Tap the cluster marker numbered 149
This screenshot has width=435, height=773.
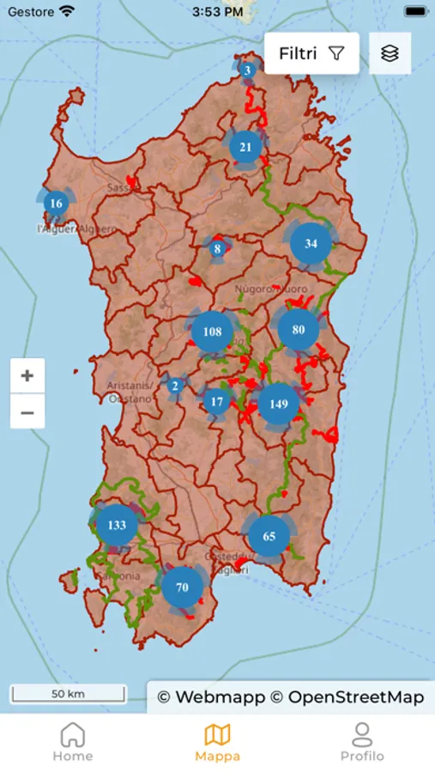(x=279, y=404)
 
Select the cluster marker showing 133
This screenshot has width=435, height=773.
(x=117, y=525)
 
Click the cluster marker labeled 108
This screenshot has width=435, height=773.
(x=213, y=332)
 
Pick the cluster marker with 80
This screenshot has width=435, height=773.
(x=299, y=329)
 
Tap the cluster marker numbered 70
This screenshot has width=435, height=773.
(x=182, y=587)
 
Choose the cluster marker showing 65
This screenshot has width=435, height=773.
(x=269, y=536)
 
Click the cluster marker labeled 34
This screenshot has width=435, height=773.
(x=311, y=244)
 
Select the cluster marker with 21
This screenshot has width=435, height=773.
(x=245, y=147)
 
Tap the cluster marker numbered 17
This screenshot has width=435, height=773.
(x=217, y=401)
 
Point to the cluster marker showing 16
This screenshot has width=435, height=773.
(x=57, y=204)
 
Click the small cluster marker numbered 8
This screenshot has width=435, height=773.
(x=218, y=249)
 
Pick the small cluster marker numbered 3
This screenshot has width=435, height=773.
(x=247, y=70)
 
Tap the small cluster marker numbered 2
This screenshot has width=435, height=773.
(x=175, y=386)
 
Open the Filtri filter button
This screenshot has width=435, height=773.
(x=311, y=53)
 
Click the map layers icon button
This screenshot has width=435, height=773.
(x=390, y=53)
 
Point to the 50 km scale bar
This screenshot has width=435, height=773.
(x=68, y=694)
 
